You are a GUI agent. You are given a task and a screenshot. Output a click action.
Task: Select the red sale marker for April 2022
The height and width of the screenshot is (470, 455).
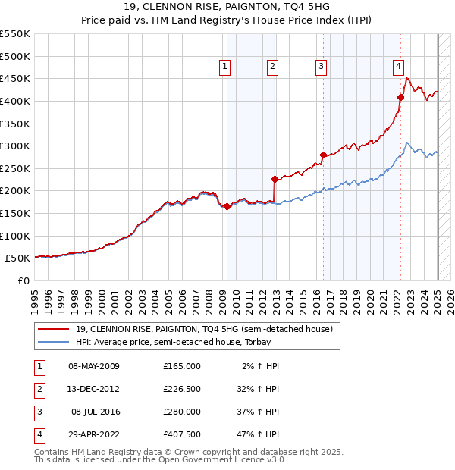(401, 97)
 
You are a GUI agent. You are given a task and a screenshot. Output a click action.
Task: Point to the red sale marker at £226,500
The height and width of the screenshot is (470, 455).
(275, 179)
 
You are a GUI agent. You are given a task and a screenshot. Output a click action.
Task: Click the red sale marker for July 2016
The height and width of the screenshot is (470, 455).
(324, 155)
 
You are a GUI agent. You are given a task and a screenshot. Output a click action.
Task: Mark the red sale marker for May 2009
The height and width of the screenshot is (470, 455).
(227, 206)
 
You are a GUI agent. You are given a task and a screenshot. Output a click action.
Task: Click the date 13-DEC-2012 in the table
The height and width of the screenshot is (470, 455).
(94, 389)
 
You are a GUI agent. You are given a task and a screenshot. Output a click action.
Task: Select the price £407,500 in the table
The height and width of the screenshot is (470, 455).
(181, 434)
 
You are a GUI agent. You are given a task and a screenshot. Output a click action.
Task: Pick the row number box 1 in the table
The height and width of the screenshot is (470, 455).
(39, 366)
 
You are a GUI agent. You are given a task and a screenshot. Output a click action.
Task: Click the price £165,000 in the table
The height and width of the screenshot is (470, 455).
(181, 366)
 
